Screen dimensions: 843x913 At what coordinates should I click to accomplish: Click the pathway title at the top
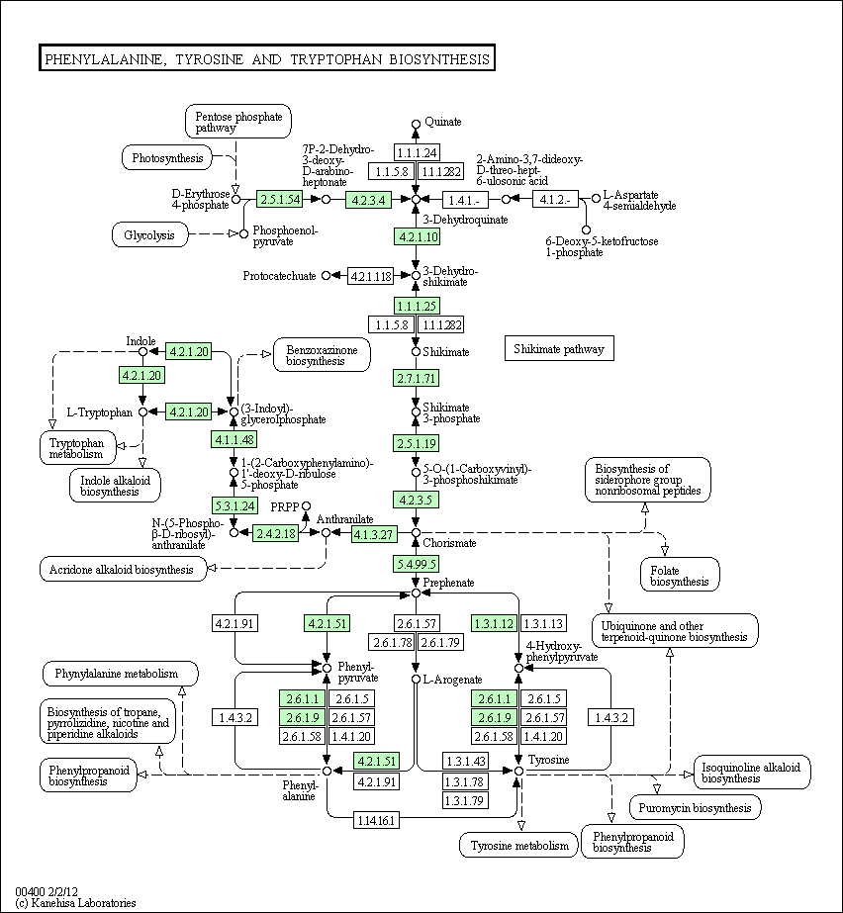click(267, 57)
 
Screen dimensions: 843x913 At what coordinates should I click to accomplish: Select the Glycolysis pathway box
click(150, 234)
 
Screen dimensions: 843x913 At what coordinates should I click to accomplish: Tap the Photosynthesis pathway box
click(167, 158)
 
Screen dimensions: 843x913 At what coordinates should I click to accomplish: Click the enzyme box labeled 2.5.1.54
click(280, 199)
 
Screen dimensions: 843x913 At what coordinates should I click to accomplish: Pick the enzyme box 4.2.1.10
click(417, 236)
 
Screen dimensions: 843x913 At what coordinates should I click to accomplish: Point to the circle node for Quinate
click(416, 124)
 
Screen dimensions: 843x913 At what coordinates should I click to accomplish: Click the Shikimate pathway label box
click(559, 348)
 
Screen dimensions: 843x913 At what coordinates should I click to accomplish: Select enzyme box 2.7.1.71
click(416, 378)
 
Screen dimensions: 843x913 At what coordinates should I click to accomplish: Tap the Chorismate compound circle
click(416, 533)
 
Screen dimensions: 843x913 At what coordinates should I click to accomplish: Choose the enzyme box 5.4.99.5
click(416, 564)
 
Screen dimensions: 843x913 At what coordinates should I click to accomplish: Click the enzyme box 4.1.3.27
click(374, 534)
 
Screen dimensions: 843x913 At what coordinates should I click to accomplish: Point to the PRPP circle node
click(306, 506)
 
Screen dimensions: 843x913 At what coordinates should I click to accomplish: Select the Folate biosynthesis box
click(680, 575)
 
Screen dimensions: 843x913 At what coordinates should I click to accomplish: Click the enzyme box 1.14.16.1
click(376, 820)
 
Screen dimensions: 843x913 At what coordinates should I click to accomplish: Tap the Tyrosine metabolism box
click(518, 845)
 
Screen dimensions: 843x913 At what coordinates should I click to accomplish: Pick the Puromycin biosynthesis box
click(695, 807)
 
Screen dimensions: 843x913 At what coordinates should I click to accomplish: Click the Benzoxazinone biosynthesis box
click(322, 354)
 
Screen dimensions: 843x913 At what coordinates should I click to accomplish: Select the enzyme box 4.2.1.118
click(370, 276)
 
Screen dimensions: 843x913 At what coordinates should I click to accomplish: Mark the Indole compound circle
click(142, 352)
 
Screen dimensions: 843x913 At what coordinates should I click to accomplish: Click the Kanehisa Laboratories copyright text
click(76, 902)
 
